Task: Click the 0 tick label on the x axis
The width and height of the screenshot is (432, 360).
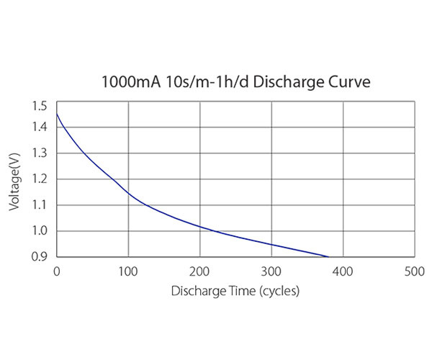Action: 57,271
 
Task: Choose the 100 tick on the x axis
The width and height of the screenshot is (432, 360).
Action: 128,271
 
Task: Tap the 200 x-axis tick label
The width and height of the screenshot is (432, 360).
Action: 199,271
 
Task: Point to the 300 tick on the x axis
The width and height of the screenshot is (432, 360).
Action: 271,271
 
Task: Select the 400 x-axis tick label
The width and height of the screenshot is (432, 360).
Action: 343,271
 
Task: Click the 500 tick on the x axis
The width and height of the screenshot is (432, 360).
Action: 414,271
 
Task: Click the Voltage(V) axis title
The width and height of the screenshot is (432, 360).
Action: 15,180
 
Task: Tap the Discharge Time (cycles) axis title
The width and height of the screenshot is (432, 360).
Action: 235,292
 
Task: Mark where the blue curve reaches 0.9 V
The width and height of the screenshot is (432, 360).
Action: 328,256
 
